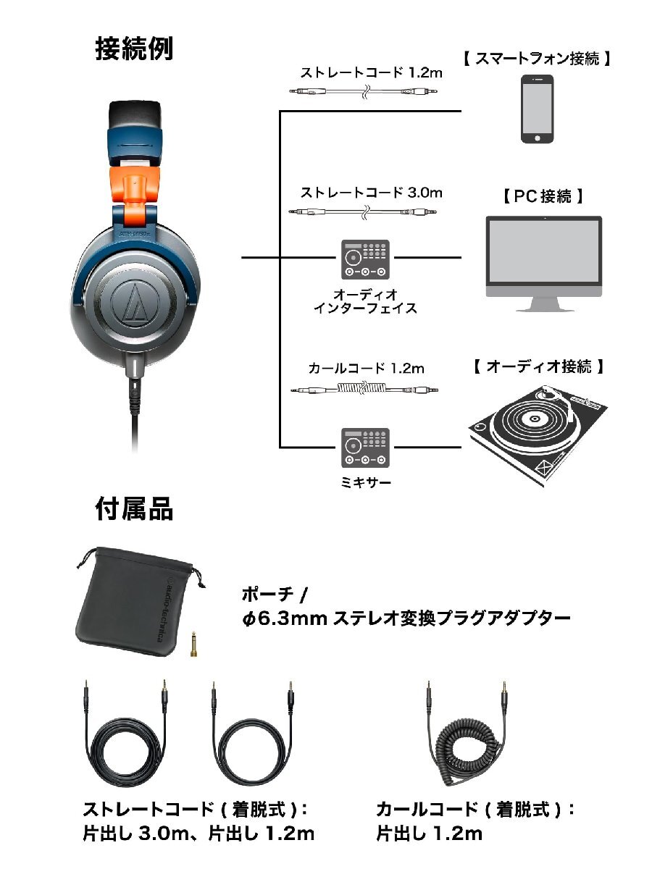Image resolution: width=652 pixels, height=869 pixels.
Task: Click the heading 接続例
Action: coord(134,49)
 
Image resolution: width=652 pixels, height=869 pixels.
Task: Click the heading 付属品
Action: coord(134,509)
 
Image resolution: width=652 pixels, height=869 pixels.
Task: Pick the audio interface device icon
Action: coord(364,259)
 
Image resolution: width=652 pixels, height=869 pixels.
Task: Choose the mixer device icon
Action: coord(364,448)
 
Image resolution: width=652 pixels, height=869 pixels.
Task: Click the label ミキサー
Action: coord(365,482)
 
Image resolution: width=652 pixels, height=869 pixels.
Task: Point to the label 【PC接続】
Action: coord(543,196)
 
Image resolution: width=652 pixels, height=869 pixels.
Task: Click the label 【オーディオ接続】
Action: coord(537,366)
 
